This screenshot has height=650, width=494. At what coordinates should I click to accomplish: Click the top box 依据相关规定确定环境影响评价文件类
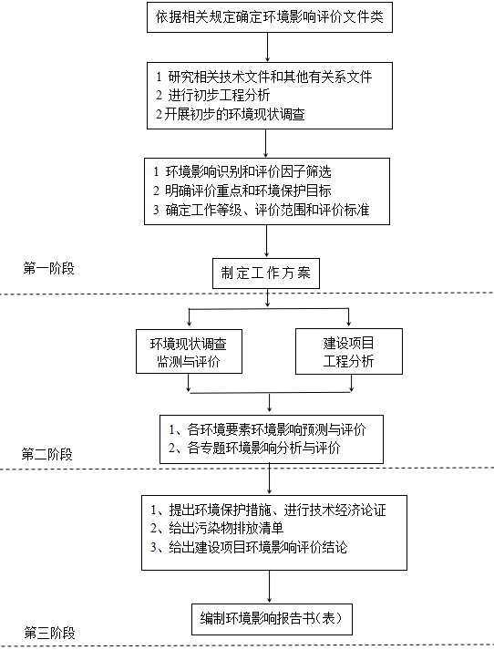tap(270, 17)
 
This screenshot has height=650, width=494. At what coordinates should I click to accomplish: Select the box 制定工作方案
tap(266, 273)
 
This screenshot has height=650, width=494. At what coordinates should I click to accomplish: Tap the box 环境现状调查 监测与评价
tap(189, 352)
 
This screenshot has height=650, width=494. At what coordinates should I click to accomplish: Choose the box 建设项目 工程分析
tap(349, 352)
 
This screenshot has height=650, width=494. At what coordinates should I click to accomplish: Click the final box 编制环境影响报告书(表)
tap(272, 619)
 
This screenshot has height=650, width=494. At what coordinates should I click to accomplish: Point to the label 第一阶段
tap(49, 269)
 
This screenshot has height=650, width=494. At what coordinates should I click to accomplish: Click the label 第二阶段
tap(47, 454)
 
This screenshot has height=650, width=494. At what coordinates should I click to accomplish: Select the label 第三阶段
tap(50, 633)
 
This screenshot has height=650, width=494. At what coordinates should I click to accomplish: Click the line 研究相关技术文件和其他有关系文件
tap(264, 77)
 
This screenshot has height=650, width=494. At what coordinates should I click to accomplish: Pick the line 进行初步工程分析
tap(213, 96)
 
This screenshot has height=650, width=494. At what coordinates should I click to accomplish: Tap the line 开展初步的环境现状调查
tap(231, 114)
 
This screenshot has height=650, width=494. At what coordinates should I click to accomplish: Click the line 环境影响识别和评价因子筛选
tap(242, 171)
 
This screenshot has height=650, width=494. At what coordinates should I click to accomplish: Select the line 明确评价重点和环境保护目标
tap(242, 191)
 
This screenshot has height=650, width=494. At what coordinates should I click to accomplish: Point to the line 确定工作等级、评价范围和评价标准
tap(261, 210)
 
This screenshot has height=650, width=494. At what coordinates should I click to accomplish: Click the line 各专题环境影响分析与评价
tap(254, 448)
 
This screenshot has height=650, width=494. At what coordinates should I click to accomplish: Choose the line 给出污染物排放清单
tap(217, 528)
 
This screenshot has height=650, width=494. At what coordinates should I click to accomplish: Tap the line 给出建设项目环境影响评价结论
tap(249, 547)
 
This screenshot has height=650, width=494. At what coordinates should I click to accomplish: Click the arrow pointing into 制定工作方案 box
tap(266, 242)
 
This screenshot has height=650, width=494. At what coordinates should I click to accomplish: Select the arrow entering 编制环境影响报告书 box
tap(270, 586)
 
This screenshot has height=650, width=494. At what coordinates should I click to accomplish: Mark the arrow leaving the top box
tap(267, 47)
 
